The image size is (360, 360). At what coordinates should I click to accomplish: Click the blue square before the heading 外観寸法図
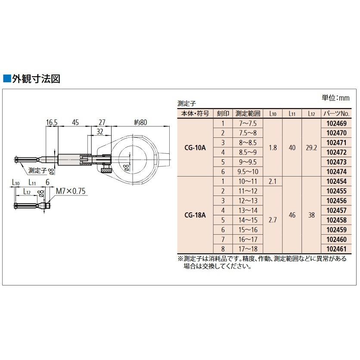pos(6,79)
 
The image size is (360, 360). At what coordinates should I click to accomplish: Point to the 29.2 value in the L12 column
pos(311,147)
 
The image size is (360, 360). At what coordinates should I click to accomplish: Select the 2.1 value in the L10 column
pos(272,181)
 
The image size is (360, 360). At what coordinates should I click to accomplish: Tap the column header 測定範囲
pos(248,114)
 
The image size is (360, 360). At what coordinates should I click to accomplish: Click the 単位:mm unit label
pos(336,98)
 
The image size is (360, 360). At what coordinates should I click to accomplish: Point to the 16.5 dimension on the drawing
pos(52,123)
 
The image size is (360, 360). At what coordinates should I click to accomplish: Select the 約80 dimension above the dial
pos(140,123)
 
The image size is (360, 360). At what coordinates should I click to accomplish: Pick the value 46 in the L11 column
pos(292,214)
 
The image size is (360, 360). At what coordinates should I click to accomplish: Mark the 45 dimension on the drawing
pos(75,123)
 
